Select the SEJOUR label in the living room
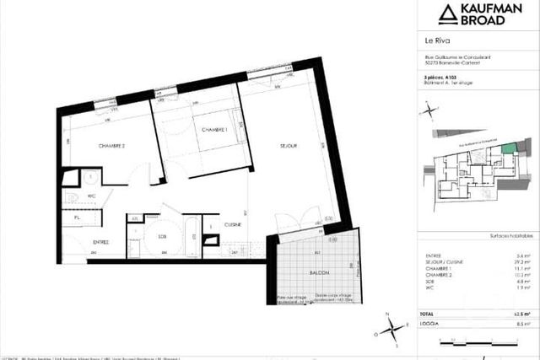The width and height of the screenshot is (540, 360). coord(289,146)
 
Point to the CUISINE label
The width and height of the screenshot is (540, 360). coord(234,224)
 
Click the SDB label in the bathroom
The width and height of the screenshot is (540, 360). coord(162,237)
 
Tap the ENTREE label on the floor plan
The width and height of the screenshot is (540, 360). coord(100,243)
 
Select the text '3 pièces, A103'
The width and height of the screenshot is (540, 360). coord(439,78)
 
